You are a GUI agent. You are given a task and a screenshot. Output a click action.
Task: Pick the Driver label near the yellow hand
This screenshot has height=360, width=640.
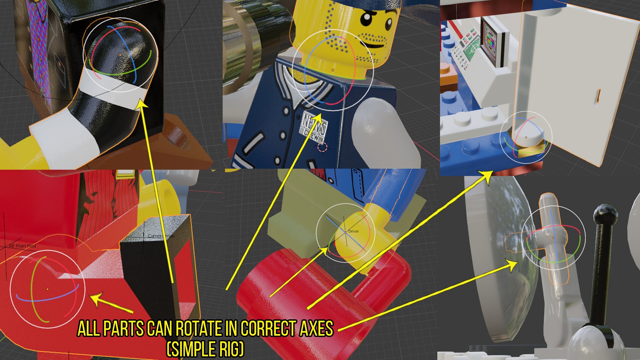(x=353, y=231)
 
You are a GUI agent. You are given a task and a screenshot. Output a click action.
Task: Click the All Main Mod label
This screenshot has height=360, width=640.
(x=22, y=246)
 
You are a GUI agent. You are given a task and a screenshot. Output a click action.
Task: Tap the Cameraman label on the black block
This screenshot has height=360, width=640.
(x=161, y=236)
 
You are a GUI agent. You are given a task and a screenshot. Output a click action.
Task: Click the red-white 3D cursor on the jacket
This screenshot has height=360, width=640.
(x=322, y=147)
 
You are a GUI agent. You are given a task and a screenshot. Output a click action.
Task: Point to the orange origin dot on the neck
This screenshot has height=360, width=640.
(x=333, y=70)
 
